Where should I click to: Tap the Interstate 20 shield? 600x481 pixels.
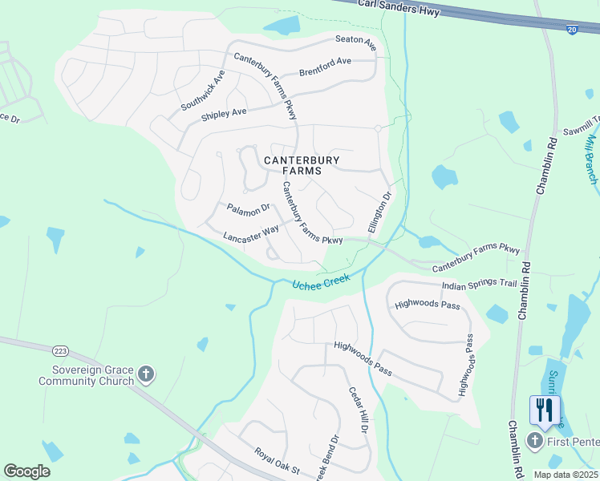point(571,29)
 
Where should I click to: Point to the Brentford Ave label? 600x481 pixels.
point(325,64)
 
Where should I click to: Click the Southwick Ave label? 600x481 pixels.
point(203,91)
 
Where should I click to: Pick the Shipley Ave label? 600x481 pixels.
point(224,114)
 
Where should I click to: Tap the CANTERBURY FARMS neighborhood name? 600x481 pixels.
point(302,165)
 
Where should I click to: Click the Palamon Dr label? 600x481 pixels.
point(249,210)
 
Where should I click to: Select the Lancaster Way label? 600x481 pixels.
point(251,233)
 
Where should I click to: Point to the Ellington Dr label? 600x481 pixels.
point(379,212)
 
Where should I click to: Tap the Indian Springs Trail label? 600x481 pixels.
point(480,285)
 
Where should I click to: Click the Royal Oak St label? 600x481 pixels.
point(276,460)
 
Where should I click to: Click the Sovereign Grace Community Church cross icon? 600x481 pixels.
point(145,374)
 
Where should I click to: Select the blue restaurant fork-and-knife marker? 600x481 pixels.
point(545,410)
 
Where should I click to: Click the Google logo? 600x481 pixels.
point(26,471)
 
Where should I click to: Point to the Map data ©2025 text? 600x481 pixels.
point(566,475)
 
